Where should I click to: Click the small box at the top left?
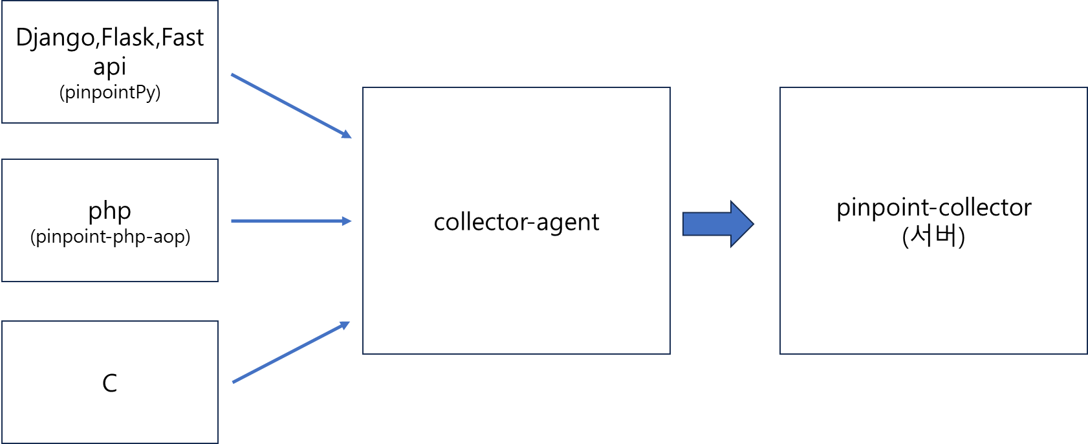[110, 61]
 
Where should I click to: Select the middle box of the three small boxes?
[110, 220]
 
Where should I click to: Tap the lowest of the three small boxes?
[110, 382]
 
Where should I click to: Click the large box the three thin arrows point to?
[516, 221]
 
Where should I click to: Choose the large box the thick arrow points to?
[933, 221]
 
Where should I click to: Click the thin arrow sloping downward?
[290, 105]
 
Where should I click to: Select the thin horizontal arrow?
[290, 221]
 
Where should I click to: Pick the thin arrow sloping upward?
[290, 353]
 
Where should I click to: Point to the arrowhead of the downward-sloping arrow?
[347, 135]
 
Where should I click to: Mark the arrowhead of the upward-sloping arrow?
[346, 324]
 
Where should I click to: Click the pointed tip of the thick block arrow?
[752, 224]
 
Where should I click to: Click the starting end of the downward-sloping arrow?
[232, 75]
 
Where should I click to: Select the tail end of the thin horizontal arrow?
[232, 221]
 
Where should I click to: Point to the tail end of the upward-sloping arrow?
[233, 383]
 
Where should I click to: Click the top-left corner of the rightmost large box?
[780, 87]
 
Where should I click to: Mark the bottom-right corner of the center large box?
[670, 354]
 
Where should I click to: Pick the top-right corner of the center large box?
[670, 87]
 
